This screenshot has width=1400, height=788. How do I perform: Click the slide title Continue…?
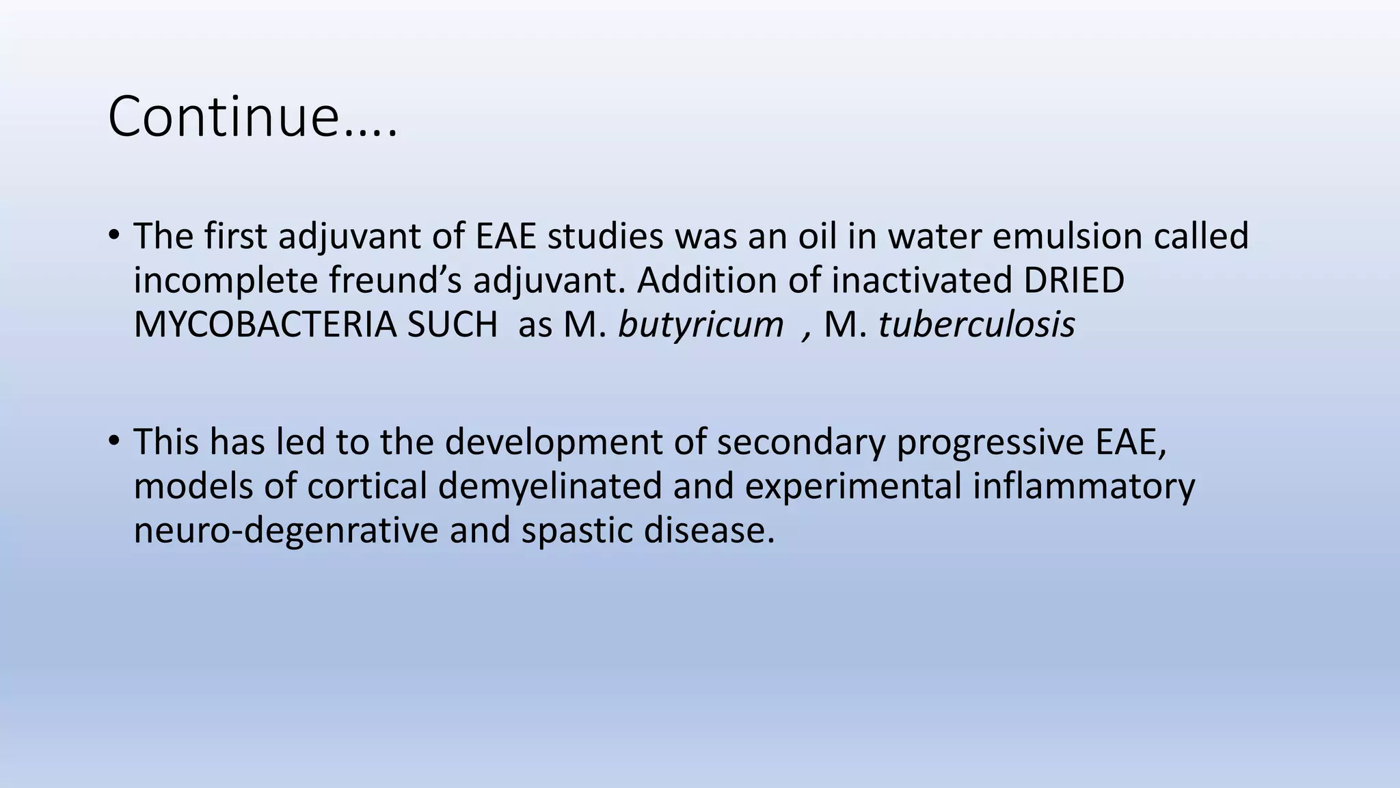point(252,116)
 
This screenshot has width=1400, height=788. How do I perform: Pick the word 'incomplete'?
point(225,280)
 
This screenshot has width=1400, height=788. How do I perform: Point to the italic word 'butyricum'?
point(701,325)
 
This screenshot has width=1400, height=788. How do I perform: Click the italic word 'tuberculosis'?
point(976,325)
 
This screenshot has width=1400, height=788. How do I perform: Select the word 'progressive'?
point(990,442)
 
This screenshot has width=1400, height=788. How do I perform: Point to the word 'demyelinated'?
point(550,486)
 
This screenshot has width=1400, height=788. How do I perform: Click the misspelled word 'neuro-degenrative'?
point(286,531)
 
